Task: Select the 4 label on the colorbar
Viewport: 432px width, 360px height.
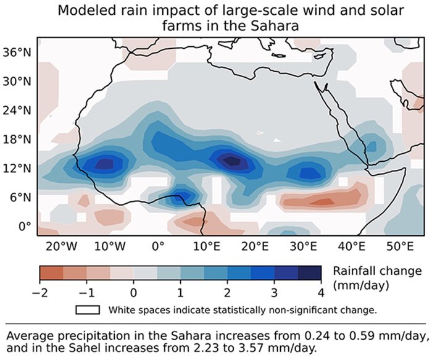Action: pyautogui.click(x=322, y=291)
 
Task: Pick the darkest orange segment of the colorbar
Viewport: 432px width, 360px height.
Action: pyautogui.click(x=51, y=273)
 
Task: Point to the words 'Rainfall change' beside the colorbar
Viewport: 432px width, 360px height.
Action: pyautogui.click(x=377, y=271)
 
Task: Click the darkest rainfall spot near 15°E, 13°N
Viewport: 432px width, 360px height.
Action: pyautogui.click(x=232, y=160)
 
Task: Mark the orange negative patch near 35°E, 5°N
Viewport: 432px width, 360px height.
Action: pyautogui.click(x=321, y=201)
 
